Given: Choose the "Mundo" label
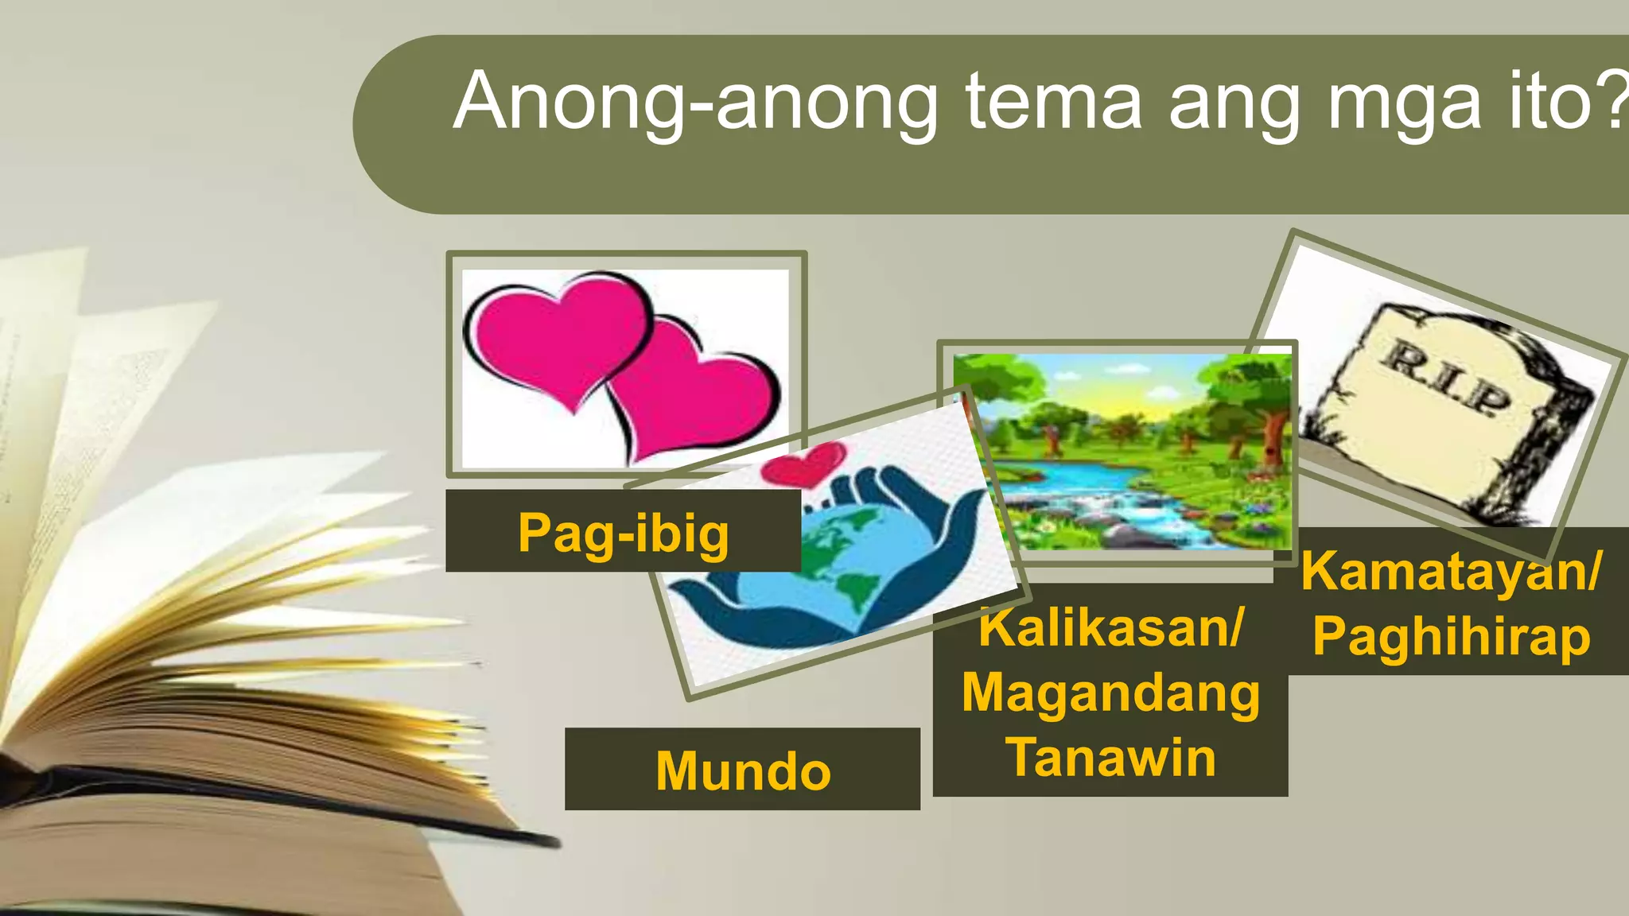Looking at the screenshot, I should click(x=743, y=770).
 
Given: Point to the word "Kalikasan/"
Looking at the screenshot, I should click(x=1110, y=627).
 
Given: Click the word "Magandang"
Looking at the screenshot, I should click(x=1110, y=693).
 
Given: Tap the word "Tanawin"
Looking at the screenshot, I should click(x=1110, y=757).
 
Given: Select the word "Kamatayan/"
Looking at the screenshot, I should click(x=1451, y=571).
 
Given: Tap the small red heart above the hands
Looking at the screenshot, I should click(x=803, y=465).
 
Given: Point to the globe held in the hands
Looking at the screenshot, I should click(x=835, y=557).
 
